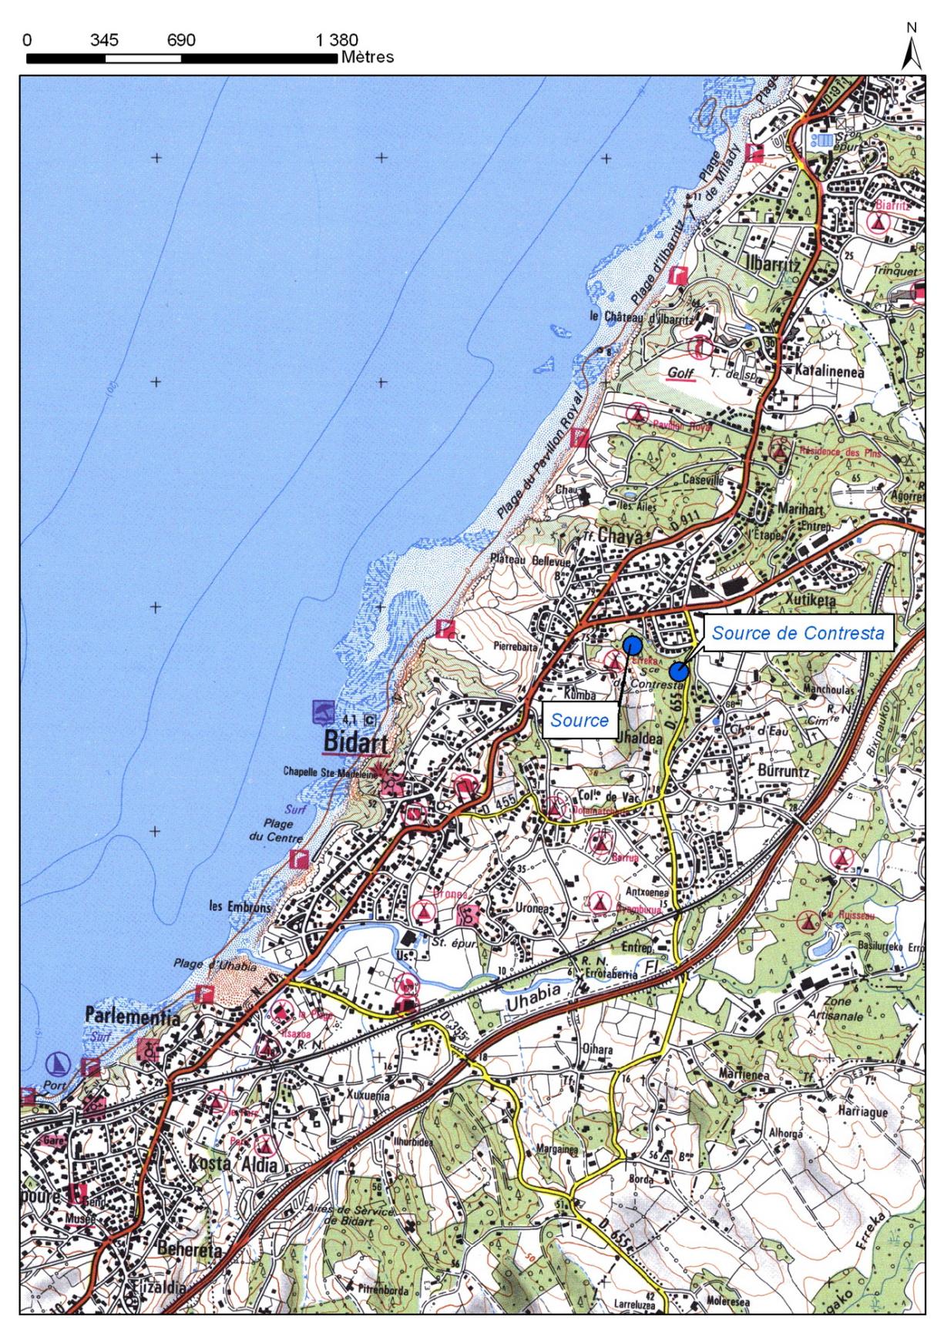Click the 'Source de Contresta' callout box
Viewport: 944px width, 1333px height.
click(798, 633)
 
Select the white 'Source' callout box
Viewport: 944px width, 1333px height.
click(580, 720)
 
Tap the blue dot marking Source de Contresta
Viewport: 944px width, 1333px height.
click(679, 670)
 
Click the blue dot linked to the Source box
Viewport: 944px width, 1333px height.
click(633, 644)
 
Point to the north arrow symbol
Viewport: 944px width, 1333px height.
click(912, 50)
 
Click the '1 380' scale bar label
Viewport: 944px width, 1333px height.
click(336, 41)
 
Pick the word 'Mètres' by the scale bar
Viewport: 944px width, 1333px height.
click(367, 57)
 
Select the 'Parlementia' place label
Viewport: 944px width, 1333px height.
click(133, 1018)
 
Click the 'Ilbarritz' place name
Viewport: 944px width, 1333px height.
click(774, 263)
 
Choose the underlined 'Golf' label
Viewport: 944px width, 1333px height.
click(681, 374)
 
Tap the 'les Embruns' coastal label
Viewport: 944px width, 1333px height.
click(240, 906)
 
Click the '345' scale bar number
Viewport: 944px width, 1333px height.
click(104, 41)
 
